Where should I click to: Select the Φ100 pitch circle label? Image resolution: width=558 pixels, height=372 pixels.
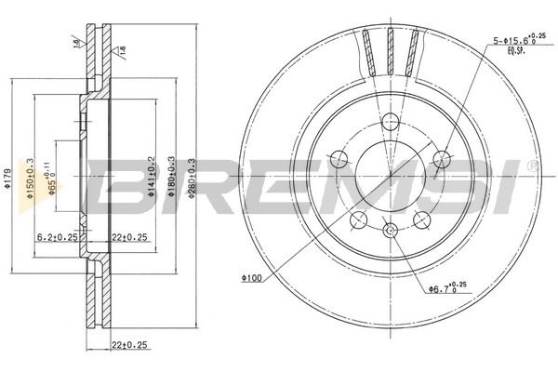click(x=248, y=278)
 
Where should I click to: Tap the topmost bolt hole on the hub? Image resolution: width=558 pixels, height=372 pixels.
click(x=391, y=119)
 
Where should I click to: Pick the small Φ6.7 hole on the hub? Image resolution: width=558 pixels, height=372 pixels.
click(x=391, y=230)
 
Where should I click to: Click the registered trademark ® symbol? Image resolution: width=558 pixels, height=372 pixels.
click(x=531, y=166)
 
